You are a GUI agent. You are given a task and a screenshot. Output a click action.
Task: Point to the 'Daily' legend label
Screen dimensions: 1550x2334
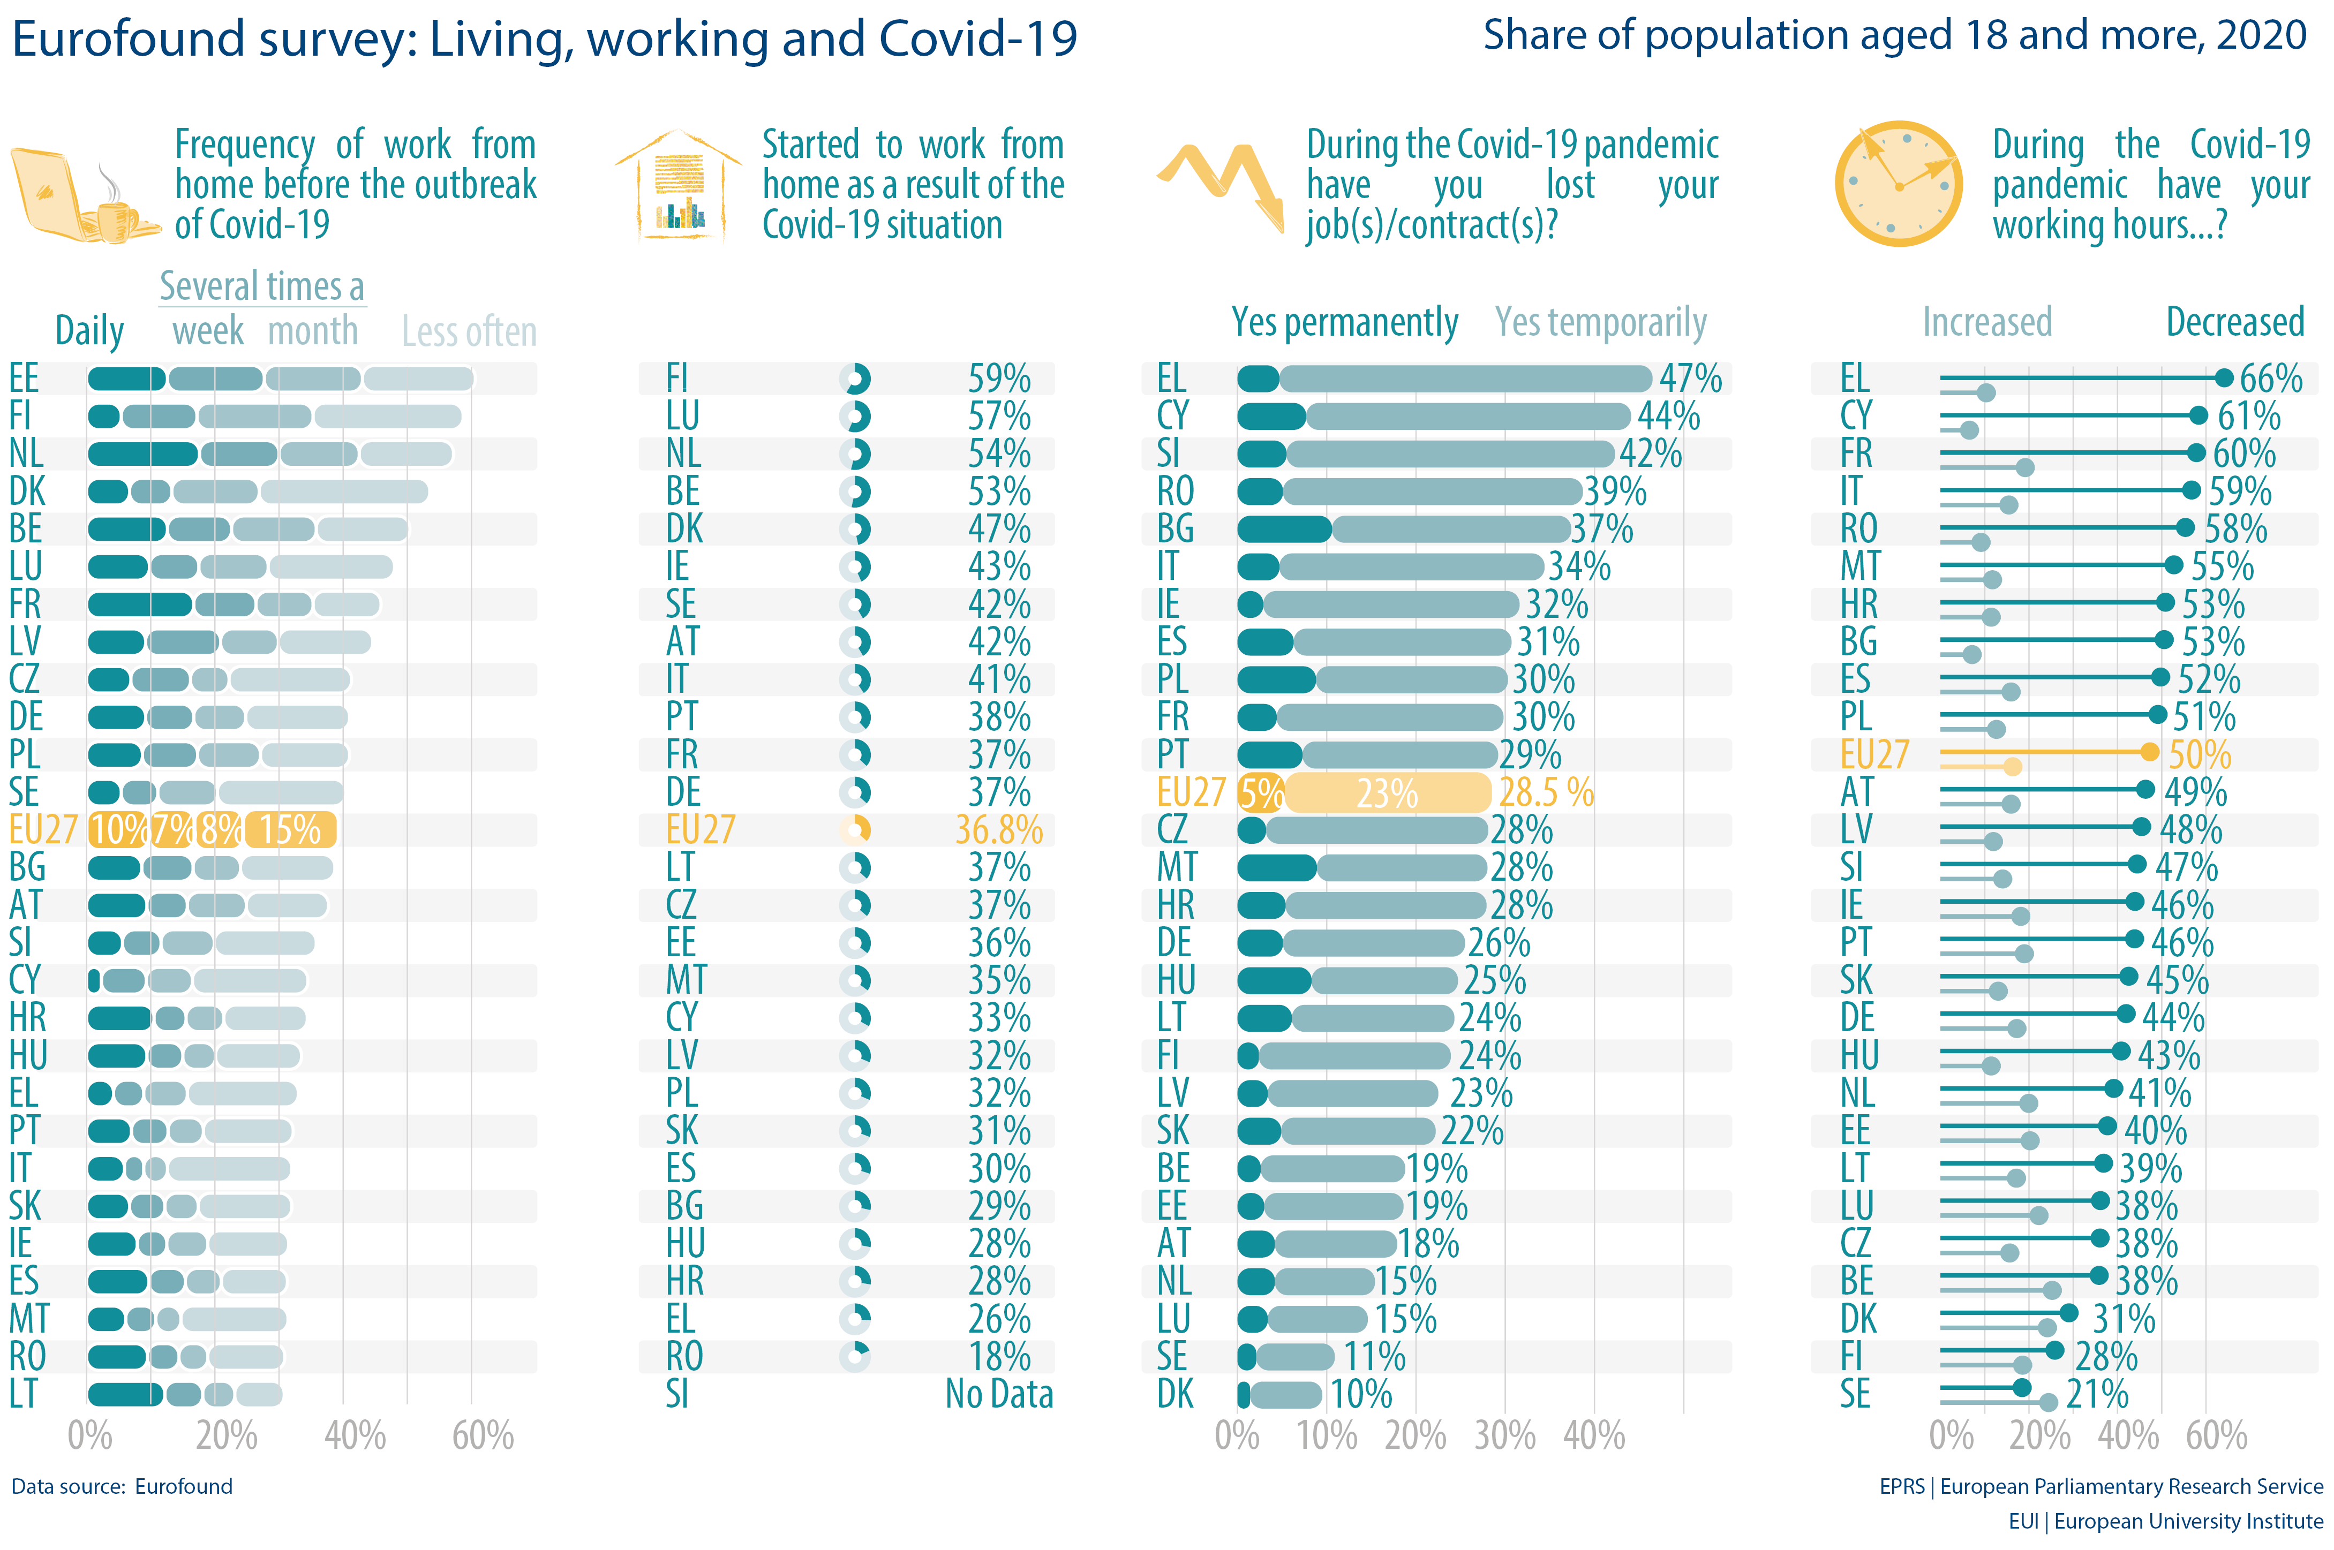[x=89, y=331]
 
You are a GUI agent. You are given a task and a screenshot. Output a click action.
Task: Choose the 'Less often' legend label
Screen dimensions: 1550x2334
[x=469, y=332]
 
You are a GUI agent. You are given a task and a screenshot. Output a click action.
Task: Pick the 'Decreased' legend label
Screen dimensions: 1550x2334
[x=2234, y=322]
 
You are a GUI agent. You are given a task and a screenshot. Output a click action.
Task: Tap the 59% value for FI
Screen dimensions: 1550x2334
[x=998, y=379]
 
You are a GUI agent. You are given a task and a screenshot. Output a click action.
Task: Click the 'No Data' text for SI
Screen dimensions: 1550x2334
[x=998, y=1394]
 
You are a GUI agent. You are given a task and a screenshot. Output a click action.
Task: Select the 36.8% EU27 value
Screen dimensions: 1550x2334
[x=998, y=830]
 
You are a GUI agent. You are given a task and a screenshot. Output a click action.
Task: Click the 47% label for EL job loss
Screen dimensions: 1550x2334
[x=1690, y=379]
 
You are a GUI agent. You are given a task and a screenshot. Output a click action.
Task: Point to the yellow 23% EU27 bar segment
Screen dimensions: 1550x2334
[x=1387, y=793]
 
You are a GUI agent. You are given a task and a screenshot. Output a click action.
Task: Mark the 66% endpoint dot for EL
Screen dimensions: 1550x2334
[x=2223, y=377]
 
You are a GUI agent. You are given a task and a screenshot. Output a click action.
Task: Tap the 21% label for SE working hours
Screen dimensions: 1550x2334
[x=2097, y=1394]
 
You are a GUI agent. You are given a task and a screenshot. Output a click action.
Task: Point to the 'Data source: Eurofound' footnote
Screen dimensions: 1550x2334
[x=122, y=1487]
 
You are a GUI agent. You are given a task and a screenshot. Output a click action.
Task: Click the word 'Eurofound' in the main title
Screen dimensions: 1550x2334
[x=129, y=40]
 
